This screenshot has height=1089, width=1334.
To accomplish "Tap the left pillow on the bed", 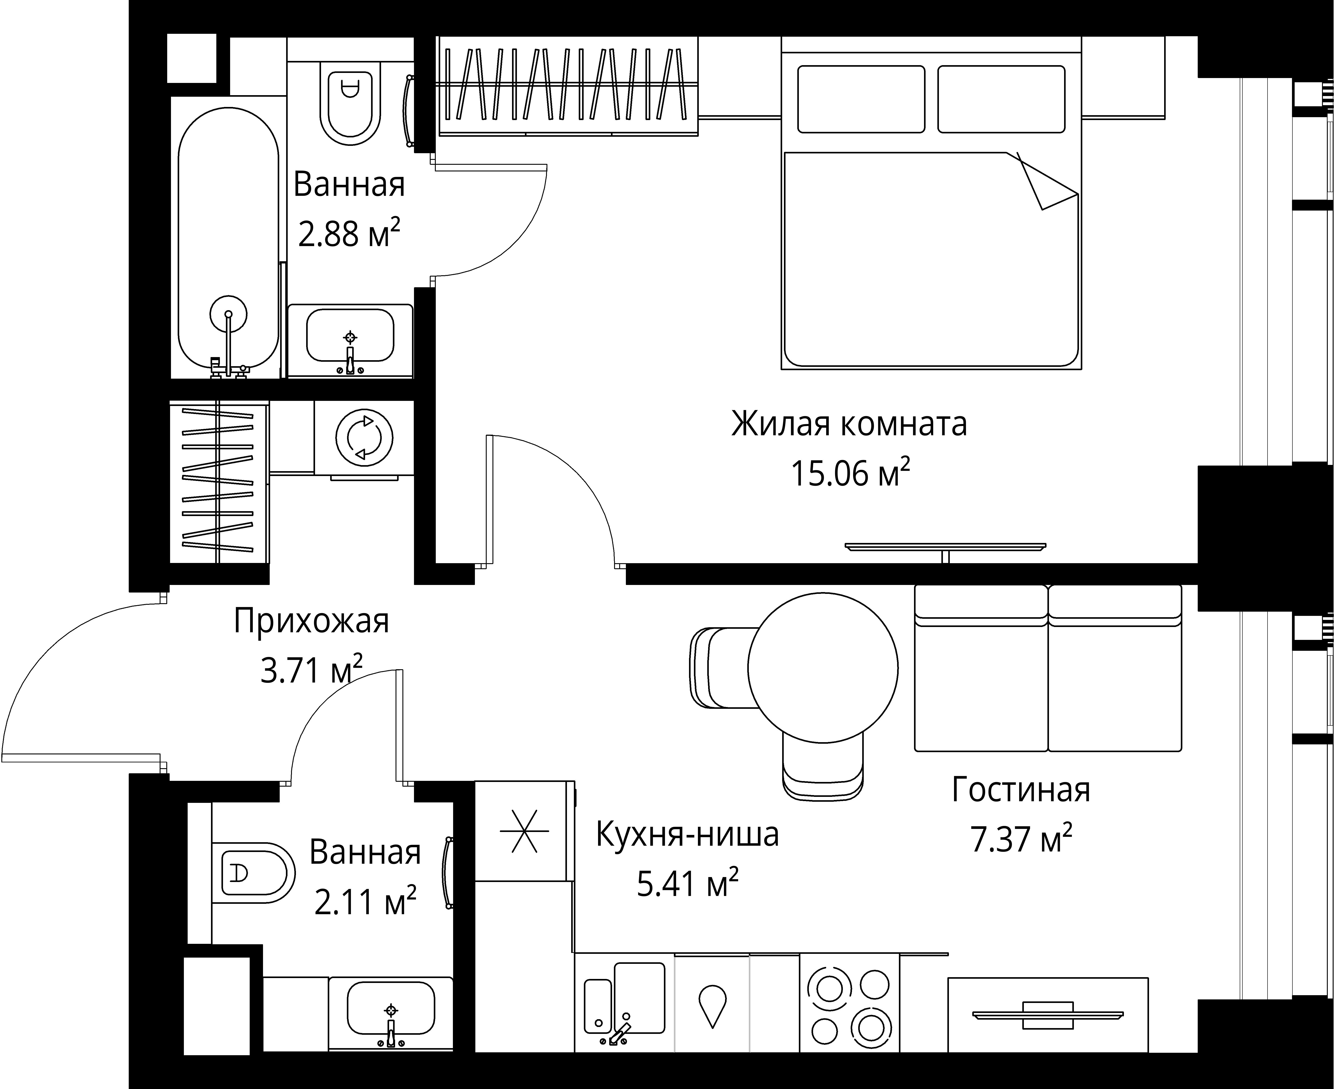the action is (861, 99).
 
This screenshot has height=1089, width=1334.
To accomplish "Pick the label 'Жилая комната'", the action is (849, 424).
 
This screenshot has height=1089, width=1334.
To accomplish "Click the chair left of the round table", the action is (721, 668).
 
